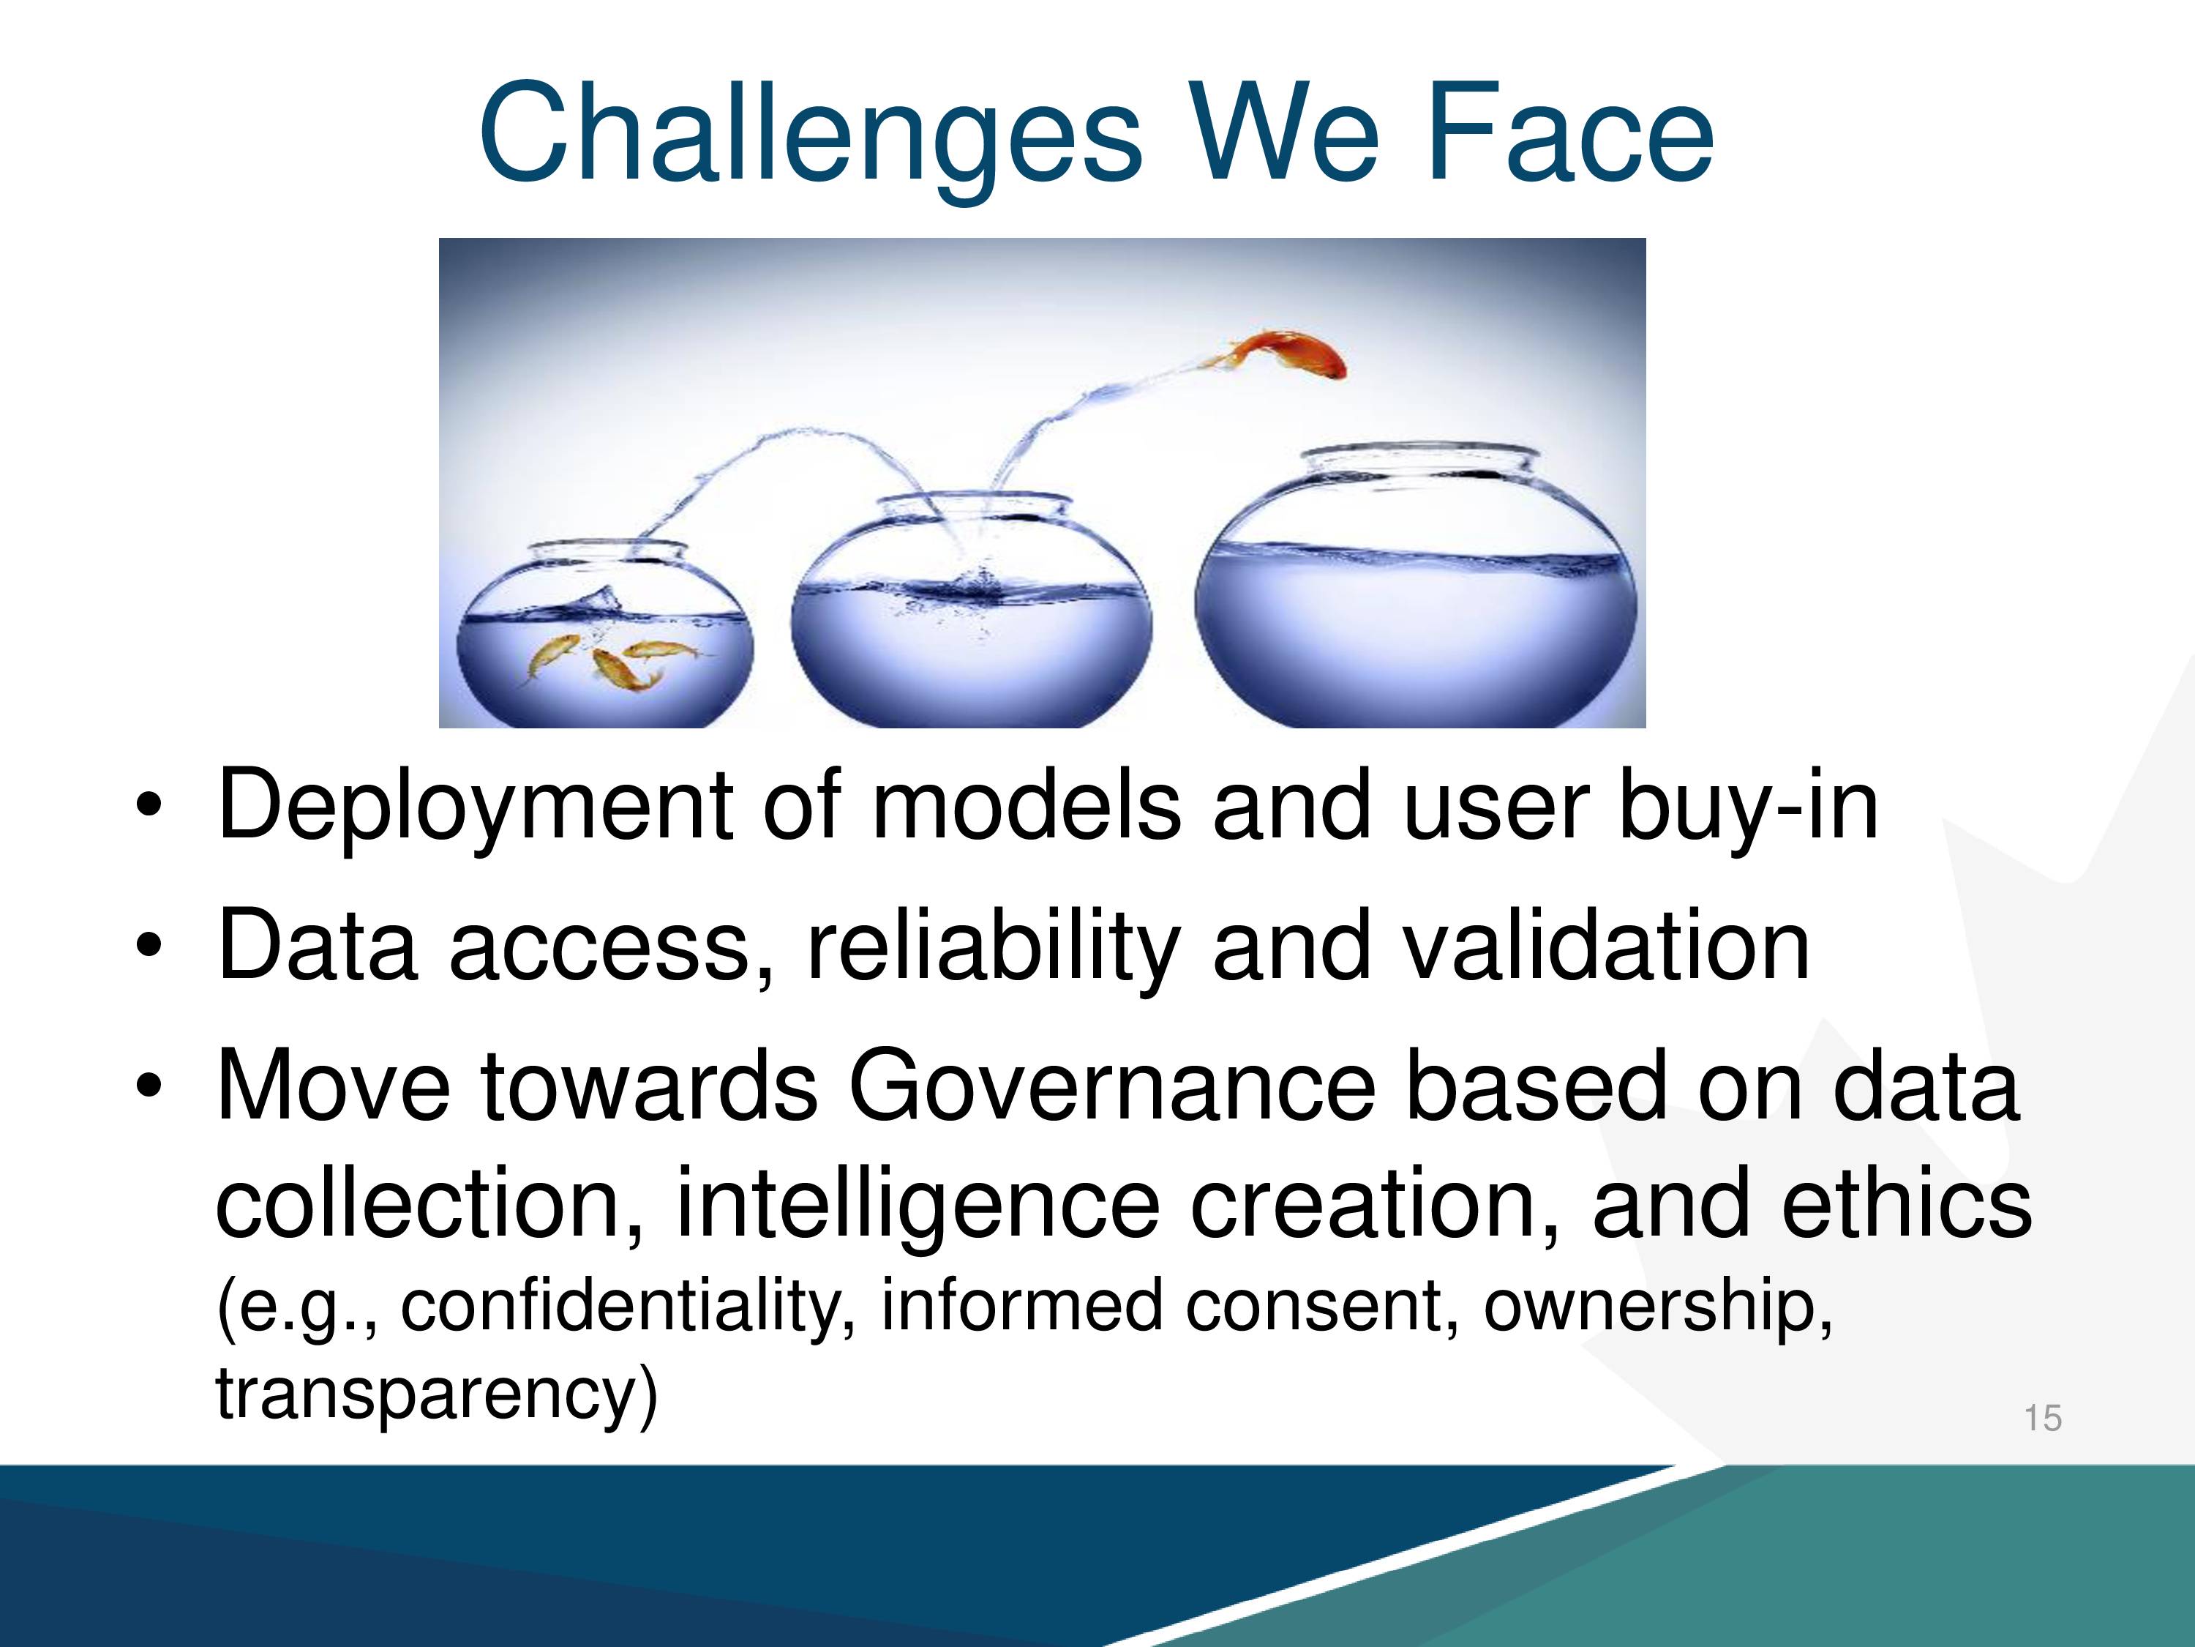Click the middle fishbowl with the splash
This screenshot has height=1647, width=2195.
[972, 610]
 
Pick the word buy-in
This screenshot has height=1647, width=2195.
[1749, 806]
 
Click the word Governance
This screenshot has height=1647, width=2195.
[1111, 1086]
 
